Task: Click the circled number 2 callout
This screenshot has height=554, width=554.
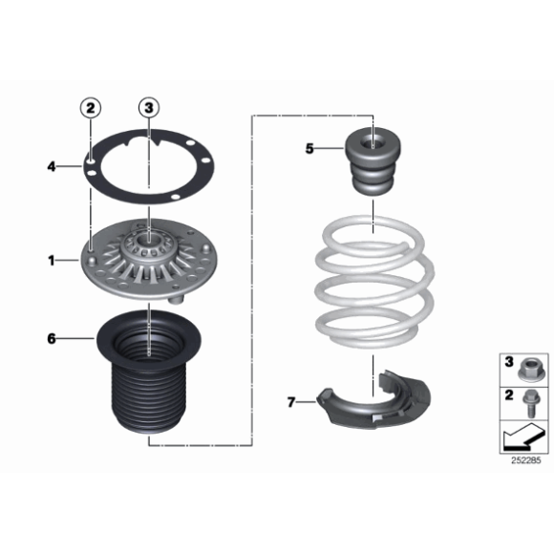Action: (x=91, y=108)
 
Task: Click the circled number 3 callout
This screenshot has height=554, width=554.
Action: (x=149, y=108)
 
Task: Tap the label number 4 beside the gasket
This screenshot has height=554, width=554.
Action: (x=52, y=166)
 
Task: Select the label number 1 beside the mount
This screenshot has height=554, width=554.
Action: (x=52, y=261)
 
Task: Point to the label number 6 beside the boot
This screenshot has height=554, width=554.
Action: (x=52, y=339)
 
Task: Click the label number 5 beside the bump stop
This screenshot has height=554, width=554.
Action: (x=309, y=149)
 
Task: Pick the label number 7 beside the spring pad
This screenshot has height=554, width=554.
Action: (x=291, y=402)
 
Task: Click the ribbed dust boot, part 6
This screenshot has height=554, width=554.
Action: (x=149, y=373)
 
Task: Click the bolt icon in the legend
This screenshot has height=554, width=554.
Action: (x=530, y=403)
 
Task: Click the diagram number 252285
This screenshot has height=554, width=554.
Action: (x=525, y=460)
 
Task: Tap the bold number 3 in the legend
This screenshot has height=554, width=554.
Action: (x=509, y=362)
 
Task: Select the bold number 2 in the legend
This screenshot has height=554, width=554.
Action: (x=509, y=395)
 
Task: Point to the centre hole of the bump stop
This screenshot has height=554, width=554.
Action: (x=373, y=143)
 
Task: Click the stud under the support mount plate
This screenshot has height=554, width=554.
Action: (x=176, y=300)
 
